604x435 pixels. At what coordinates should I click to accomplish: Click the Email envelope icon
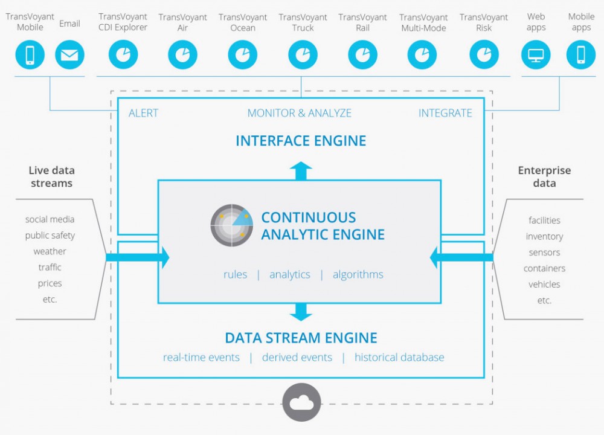[69, 55]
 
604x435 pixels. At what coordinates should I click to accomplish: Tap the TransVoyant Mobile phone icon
[30, 55]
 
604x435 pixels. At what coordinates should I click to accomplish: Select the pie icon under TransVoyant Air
[182, 55]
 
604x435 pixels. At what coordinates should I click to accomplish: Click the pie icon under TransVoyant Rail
[362, 55]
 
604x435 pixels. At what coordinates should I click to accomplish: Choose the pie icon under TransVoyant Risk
[483, 55]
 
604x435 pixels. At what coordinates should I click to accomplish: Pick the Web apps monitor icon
[536, 55]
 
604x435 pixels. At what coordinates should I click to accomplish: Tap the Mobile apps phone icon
[581, 55]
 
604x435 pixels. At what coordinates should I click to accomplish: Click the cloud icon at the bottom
[302, 402]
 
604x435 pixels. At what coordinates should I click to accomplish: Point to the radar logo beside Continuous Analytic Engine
[232, 226]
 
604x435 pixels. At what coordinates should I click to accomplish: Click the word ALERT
[144, 113]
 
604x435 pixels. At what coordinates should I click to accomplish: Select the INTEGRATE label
[445, 113]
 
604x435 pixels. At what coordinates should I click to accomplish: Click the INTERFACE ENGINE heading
[301, 141]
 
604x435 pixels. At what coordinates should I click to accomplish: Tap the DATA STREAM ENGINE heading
[301, 338]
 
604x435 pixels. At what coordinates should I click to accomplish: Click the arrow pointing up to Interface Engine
[301, 171]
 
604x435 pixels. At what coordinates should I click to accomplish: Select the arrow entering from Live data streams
[139, 257]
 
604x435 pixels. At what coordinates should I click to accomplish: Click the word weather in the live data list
[50, 251]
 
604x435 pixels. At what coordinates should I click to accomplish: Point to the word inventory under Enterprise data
[544, 236]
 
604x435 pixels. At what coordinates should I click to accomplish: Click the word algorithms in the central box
[358, 274]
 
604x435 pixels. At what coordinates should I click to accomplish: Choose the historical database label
[399, 358]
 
